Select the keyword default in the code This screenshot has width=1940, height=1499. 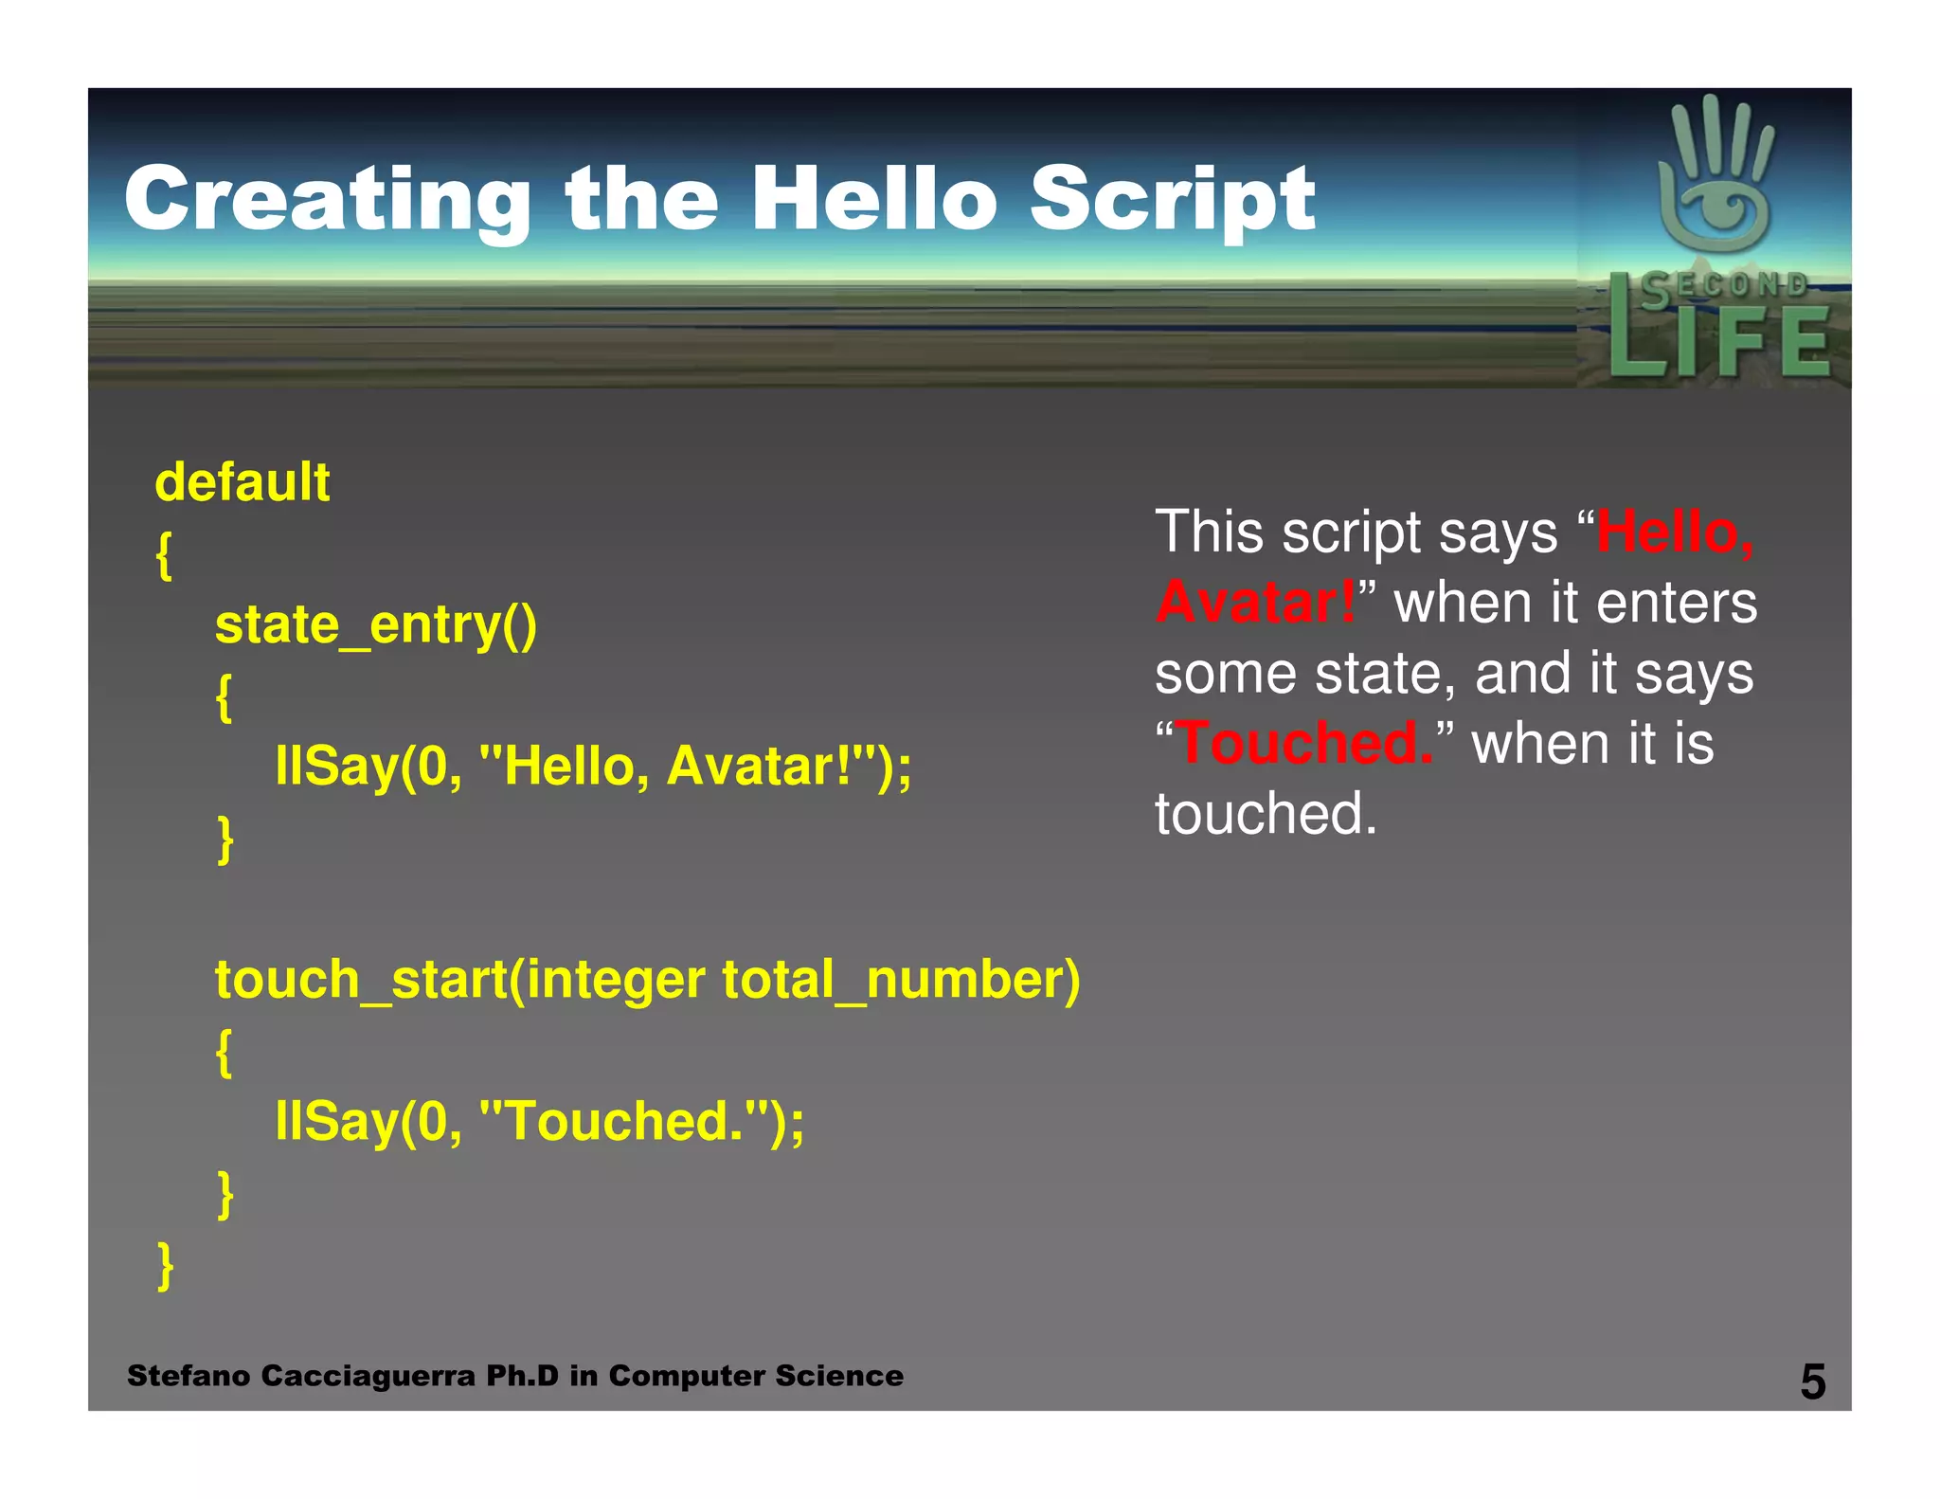[242, 482]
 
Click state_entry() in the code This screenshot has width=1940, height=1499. [376, 624]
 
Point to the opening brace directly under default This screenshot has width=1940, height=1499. [164, 554]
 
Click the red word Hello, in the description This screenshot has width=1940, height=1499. [1675, 532]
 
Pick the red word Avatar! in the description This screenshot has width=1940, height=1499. [1255, 602]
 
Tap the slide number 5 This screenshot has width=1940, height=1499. [1812, 1382]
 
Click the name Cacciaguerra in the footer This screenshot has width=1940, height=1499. [368, 1376]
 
